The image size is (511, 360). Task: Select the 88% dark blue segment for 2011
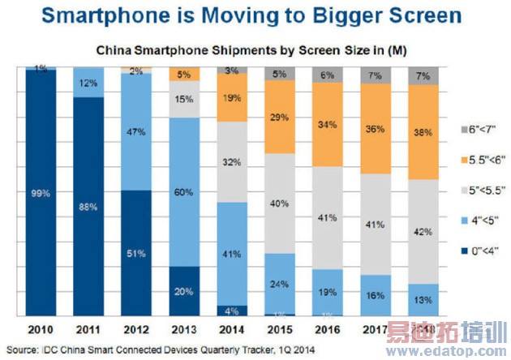point(89,207)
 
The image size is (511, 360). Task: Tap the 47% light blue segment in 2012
point(139,131)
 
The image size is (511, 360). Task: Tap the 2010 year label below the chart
point(40,330)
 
